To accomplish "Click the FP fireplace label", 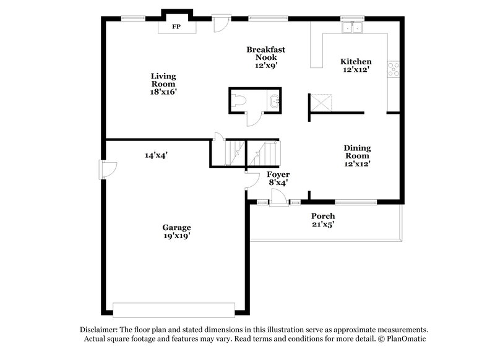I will coord(176,27).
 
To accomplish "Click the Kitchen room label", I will coord(356,66).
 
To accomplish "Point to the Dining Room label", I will coord(357,156).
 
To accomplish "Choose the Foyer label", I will coord(278,179).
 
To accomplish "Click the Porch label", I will coord(323,220).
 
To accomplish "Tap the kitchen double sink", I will coord(353,27).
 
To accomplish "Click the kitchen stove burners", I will coord(394,69).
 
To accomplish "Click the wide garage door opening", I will coord(173,309).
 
